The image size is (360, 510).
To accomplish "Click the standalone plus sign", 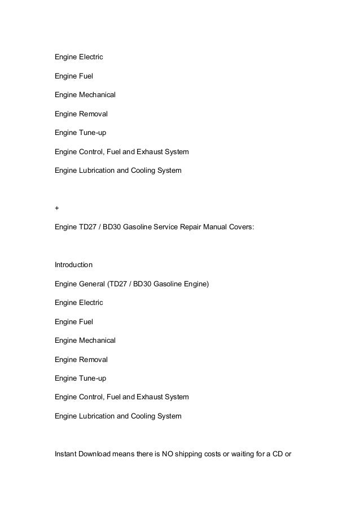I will (x=56, y=208).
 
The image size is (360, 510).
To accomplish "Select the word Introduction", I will (x=73, y=264).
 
